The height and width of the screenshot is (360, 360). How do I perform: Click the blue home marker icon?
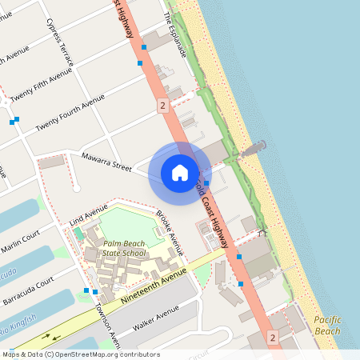click(x=180, y=173)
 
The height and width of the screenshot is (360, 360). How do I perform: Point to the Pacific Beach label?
click(x=327, y=326)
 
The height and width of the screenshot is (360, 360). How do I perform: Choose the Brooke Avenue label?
click(x=169, y=232)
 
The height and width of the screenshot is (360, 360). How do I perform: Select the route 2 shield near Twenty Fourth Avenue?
click(x=162, y=105)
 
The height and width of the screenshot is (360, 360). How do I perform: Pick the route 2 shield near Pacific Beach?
click(x=274, y=338)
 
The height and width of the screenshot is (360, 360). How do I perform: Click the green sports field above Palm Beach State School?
click(x=128, y=222)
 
